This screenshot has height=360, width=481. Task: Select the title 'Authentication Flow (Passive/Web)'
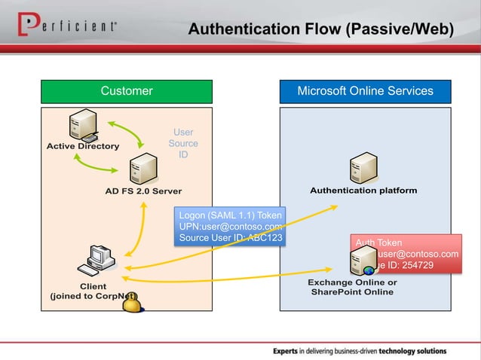(x=321, y=29)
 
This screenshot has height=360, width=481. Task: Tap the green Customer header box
(x=127, y=91)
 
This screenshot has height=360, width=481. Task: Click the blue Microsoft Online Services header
(x=365, y=91)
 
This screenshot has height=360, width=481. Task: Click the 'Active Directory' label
(x=83, y=146)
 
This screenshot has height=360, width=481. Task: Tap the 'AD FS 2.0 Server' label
(x=143, y=191)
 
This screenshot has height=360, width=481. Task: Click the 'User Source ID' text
(x=183, y=143)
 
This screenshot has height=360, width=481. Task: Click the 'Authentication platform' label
(x=363, y=191)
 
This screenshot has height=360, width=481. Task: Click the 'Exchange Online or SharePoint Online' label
(x=352, y=287)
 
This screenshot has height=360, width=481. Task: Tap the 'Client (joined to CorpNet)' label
(x=93, y=291)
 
